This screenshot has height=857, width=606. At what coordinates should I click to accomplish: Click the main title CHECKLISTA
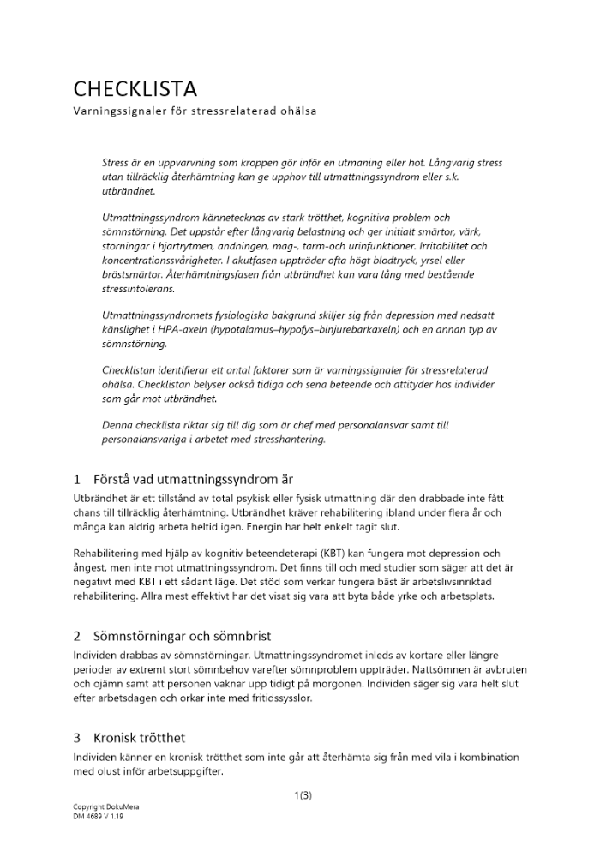click(x=135, y=88)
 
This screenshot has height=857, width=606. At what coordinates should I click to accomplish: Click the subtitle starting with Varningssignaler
click(x=195, y=111)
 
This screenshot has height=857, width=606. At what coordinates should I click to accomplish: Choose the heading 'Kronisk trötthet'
click(x=141, y=737)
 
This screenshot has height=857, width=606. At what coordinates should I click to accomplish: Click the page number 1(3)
click(x=303, y=795)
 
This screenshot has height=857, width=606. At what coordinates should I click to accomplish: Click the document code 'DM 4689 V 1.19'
click(x=99, y=817)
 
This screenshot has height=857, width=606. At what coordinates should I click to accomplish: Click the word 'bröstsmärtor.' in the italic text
click(x=129, y=274)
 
